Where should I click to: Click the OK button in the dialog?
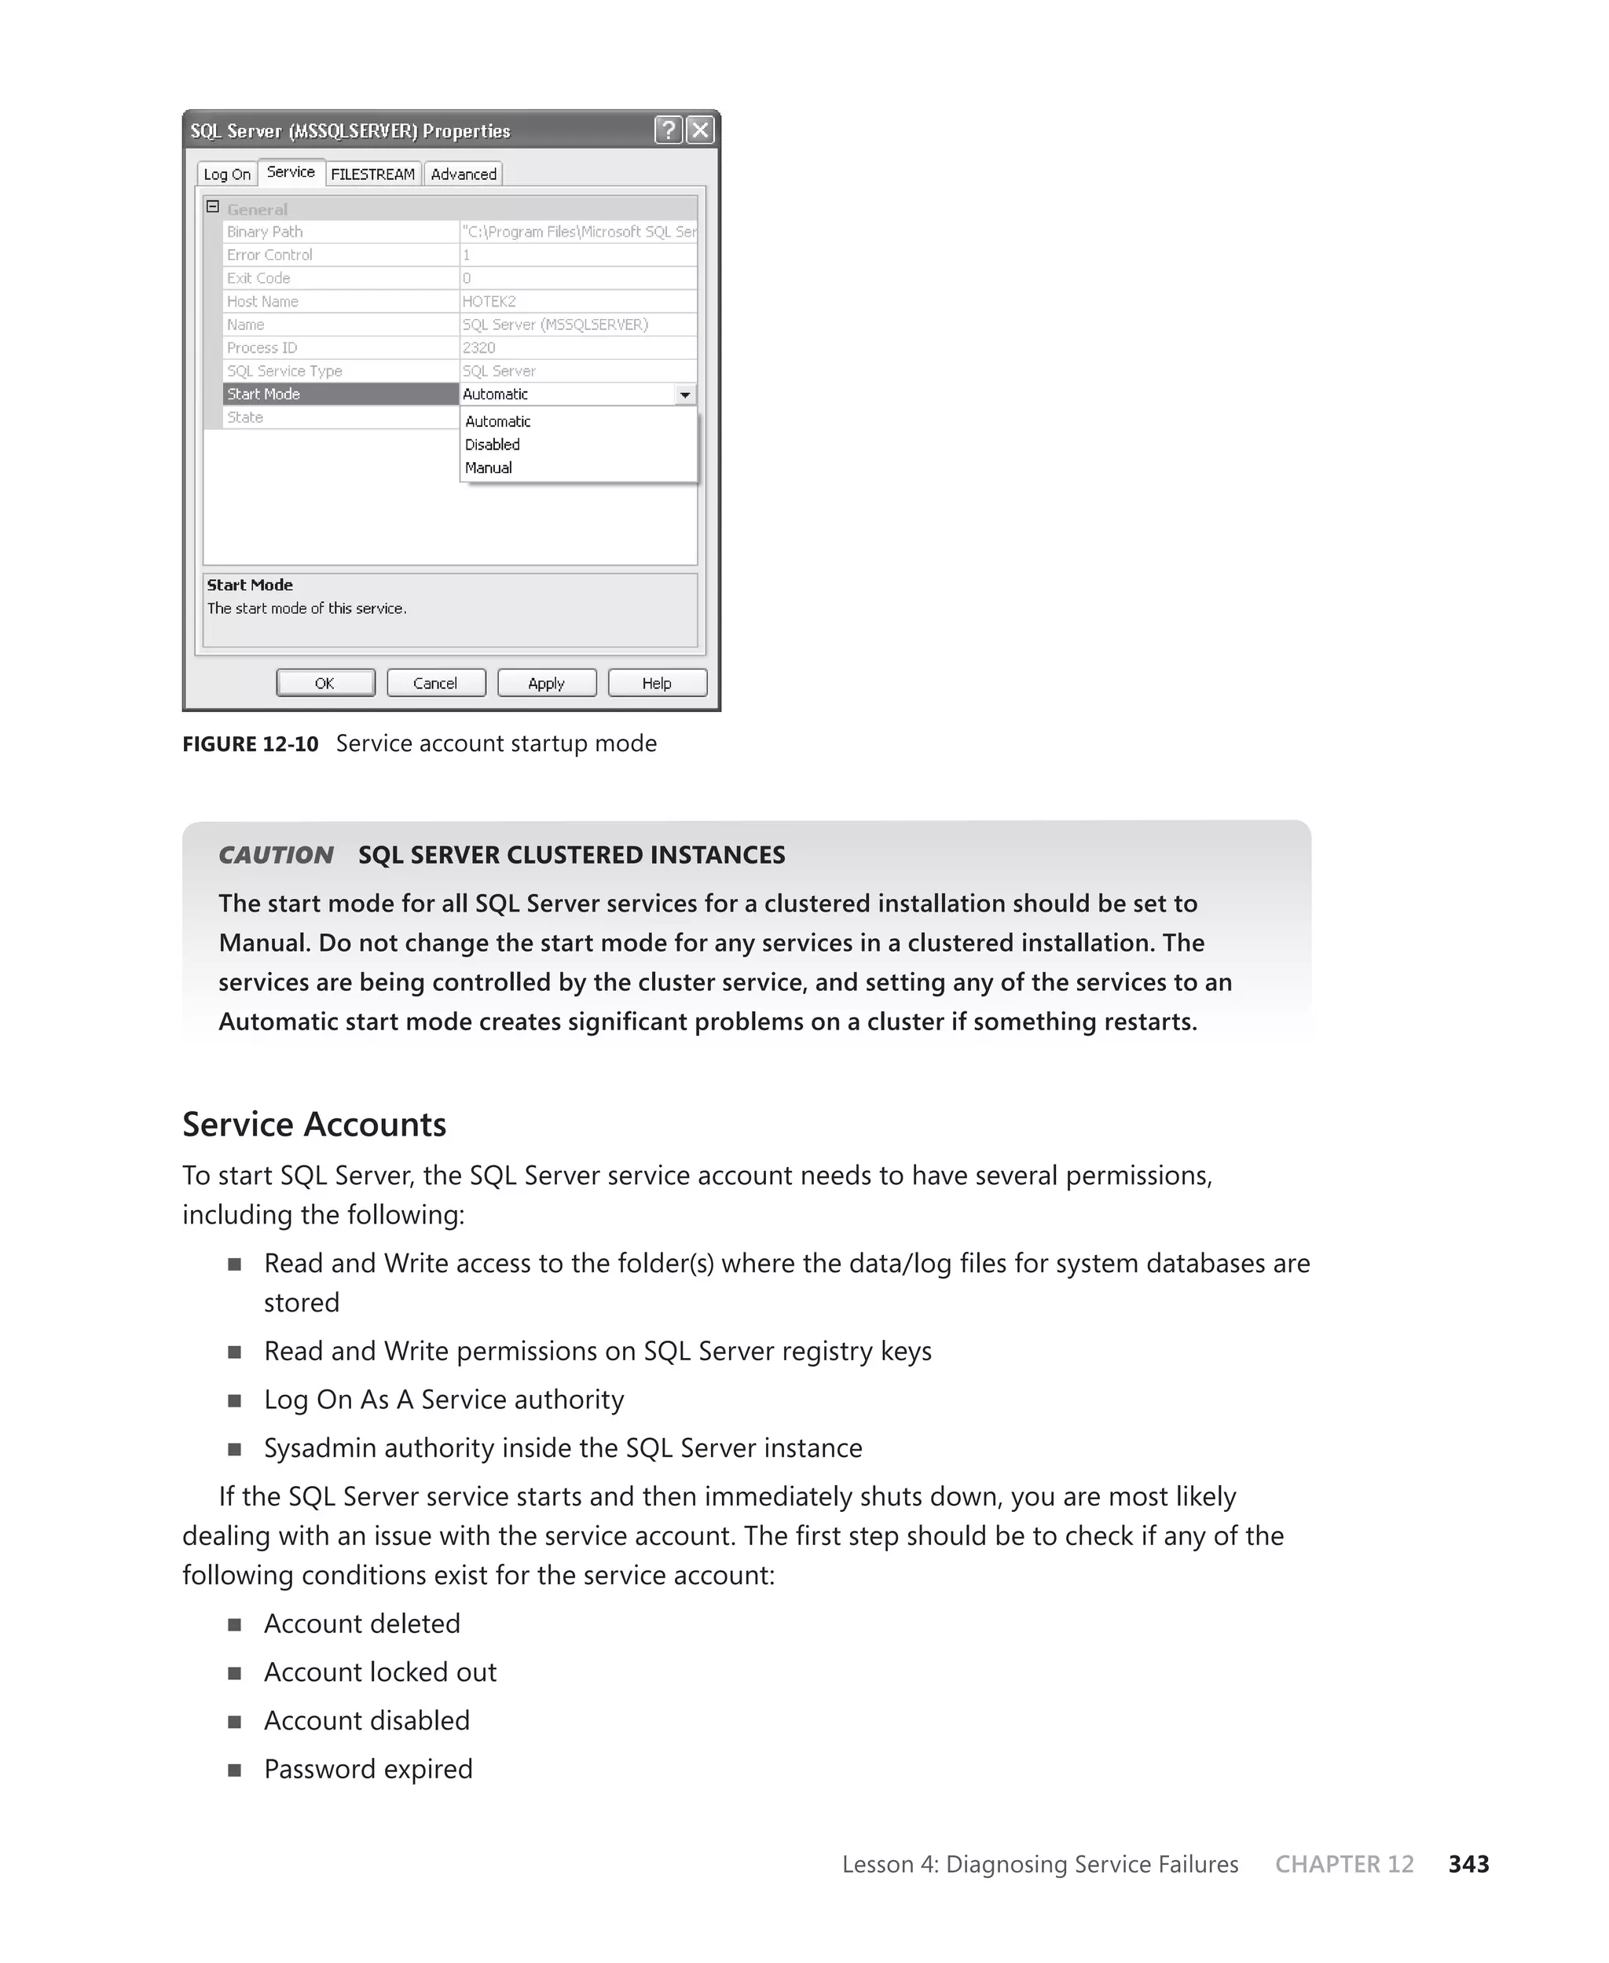pyautogui.click(x=325, y=683)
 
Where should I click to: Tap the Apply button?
pyautogui.click(x=547, y=683)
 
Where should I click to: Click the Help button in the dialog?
pyautogui.click(x=657, y=683)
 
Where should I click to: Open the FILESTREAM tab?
pyautogui.click(x=372, y=174)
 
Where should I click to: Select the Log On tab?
pyautogui.click(x=227, y=174)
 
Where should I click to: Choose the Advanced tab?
pyautogui.click(x=464, y=174)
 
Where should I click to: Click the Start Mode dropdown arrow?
pyautogui.click(x=685, y=394)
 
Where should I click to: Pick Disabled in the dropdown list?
pyautogui.click(x=492, y=445)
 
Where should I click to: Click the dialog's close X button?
pyautogui.click(x=701, y=130)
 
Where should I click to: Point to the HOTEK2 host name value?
pyautogui.click(x=489, y=301)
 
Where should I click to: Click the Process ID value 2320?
pyautogui.click(x=479, y=347)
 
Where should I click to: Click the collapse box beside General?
pyautogui.click(x=212, y=207)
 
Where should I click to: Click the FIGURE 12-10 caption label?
pyautogui.click(x=251, y=744)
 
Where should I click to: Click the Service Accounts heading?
pyautogui.click(x=314, y=1125)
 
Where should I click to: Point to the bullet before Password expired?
pyautogui.click(x=234, y=1770)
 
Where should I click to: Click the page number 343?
pyautogui.click(x=1468, y=1864)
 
